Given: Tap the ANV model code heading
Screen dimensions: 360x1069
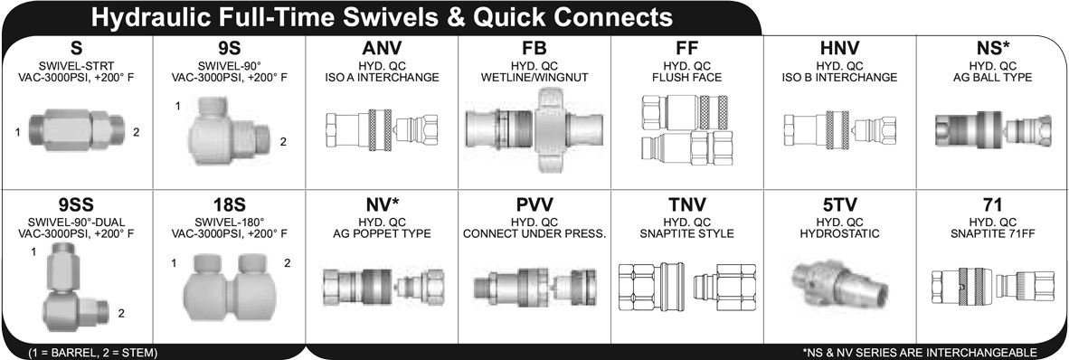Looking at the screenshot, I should point(381,49).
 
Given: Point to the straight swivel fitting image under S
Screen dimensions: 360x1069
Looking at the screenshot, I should point(76,130).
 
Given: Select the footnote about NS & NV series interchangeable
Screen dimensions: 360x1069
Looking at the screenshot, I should point(919,352).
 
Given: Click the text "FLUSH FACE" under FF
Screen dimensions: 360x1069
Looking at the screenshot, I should point(686,78).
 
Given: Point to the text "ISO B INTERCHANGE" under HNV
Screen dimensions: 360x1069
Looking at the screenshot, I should point(838,78).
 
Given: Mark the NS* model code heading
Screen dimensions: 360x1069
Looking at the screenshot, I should point(993,49).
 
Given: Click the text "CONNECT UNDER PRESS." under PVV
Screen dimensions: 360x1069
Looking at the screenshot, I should point(534,233).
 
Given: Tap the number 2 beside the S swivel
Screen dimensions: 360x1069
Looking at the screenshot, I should point(137,132).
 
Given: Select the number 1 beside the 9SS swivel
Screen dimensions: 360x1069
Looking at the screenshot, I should point(34,252).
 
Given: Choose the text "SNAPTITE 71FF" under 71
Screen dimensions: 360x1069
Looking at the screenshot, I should point(992,233).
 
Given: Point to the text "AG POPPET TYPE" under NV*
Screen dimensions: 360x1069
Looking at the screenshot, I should point(381,233).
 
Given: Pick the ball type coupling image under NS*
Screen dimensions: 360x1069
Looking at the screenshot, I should point(992,130).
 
